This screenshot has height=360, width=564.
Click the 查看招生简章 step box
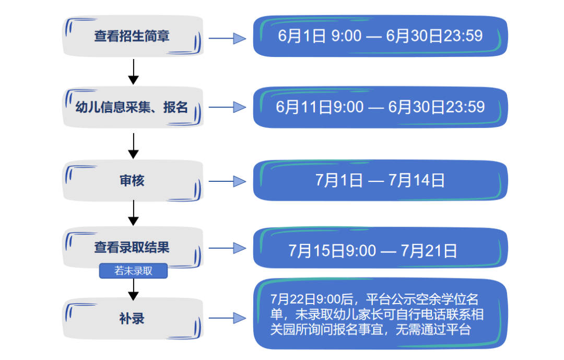coord(133,36)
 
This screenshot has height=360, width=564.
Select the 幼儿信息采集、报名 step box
coord(133,107)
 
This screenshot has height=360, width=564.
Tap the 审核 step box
coord(133,181)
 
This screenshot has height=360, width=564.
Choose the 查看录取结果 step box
coord(133,247)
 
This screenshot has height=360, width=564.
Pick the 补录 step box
coord(133,319)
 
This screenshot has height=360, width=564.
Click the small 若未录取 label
coord(134,271)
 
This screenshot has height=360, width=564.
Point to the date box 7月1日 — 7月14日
coord(380,180)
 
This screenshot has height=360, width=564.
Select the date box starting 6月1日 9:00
coord(380,36)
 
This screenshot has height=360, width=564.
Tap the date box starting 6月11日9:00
coord(380,107)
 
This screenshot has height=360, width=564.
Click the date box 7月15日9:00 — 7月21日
coord(380,248)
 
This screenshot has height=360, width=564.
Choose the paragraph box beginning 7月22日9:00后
coord(380,314)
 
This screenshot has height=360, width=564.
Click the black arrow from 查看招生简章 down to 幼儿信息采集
coord(134,72)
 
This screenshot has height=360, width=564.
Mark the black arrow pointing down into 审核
coord(134,146)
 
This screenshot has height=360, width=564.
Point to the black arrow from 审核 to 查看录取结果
coord(134,213)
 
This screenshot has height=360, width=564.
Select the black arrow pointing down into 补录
coord(134,289)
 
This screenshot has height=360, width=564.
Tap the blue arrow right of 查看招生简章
coord(227,38)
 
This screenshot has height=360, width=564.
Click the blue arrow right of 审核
coord(227,181)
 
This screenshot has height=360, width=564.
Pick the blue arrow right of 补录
coord(227,318)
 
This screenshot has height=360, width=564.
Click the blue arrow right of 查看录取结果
coord(227,248)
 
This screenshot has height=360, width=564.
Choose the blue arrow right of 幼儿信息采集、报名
coord(227,107)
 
